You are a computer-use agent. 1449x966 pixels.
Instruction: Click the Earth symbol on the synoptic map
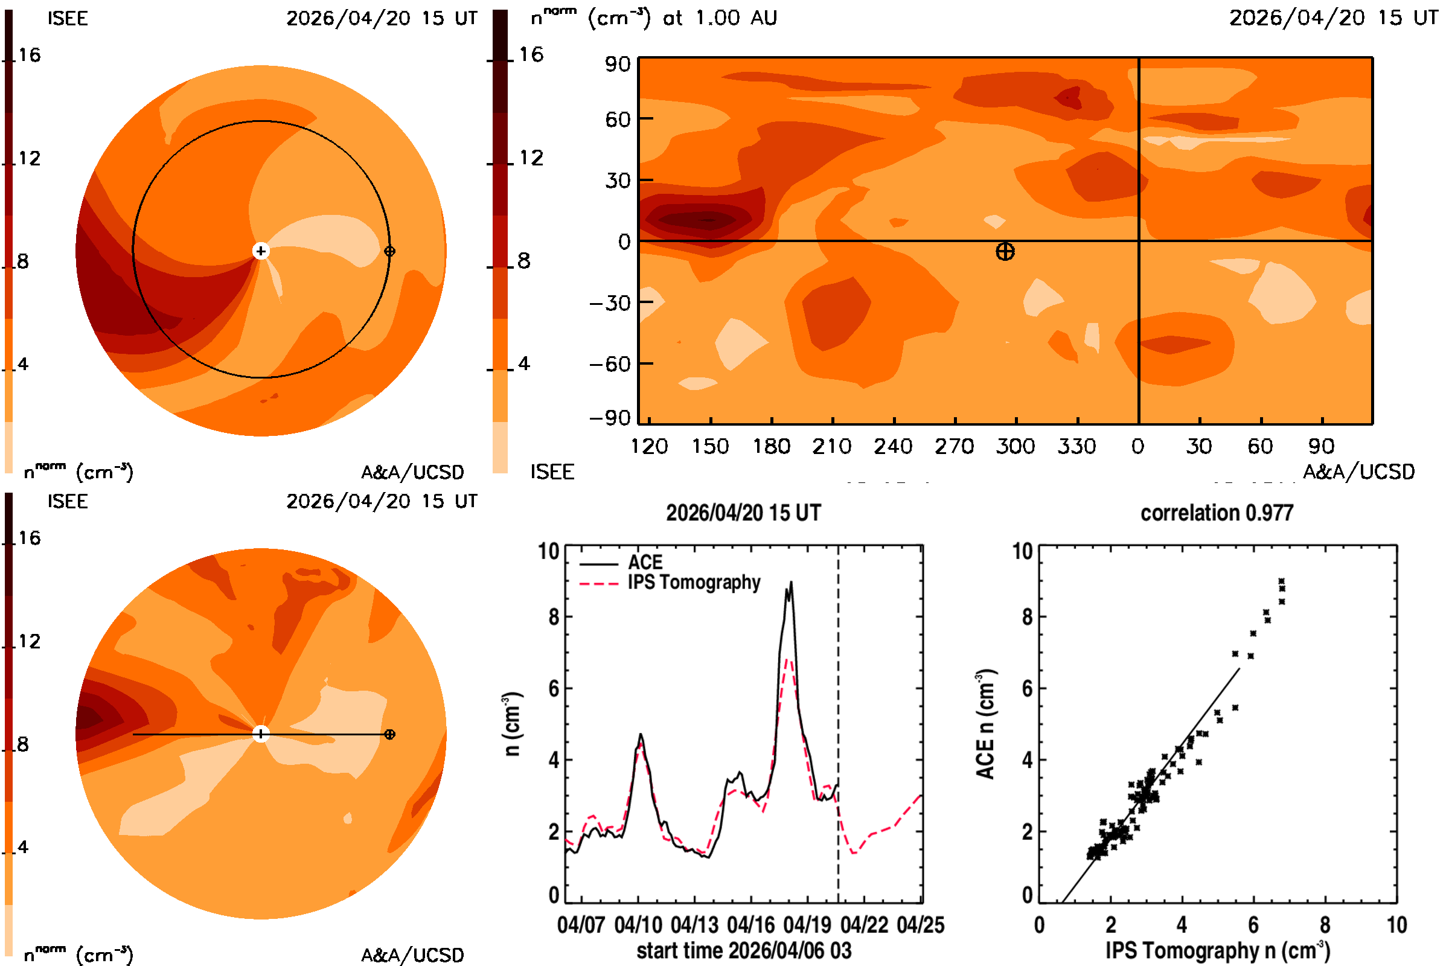point(1005,251)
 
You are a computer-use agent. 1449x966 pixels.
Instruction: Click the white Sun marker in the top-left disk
point(261,251)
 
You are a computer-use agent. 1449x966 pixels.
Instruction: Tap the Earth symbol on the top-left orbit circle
point(389,251)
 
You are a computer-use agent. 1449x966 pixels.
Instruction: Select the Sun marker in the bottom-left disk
point(261,734)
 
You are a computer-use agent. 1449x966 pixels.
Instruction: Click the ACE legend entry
point(621,563)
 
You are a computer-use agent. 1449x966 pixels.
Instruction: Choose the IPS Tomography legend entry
point(670,583)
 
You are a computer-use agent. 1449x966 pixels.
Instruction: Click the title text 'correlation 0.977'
point(1217,513)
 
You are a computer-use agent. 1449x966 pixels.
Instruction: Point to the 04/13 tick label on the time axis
point(694,925)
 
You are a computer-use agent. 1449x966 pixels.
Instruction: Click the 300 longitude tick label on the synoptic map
point(1016,446)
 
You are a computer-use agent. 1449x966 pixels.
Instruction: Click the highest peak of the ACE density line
point(791,582)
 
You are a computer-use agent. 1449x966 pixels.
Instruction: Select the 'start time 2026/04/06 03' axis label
point(744,950)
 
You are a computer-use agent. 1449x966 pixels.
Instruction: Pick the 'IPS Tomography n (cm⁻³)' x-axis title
point(1218,950)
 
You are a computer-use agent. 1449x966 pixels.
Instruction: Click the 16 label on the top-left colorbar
point(29,55)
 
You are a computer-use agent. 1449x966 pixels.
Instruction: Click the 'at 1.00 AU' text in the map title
point(720,18)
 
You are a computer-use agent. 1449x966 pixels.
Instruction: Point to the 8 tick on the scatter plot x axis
point(1325,925)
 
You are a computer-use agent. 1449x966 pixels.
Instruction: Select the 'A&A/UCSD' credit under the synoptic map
point(1358,472)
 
